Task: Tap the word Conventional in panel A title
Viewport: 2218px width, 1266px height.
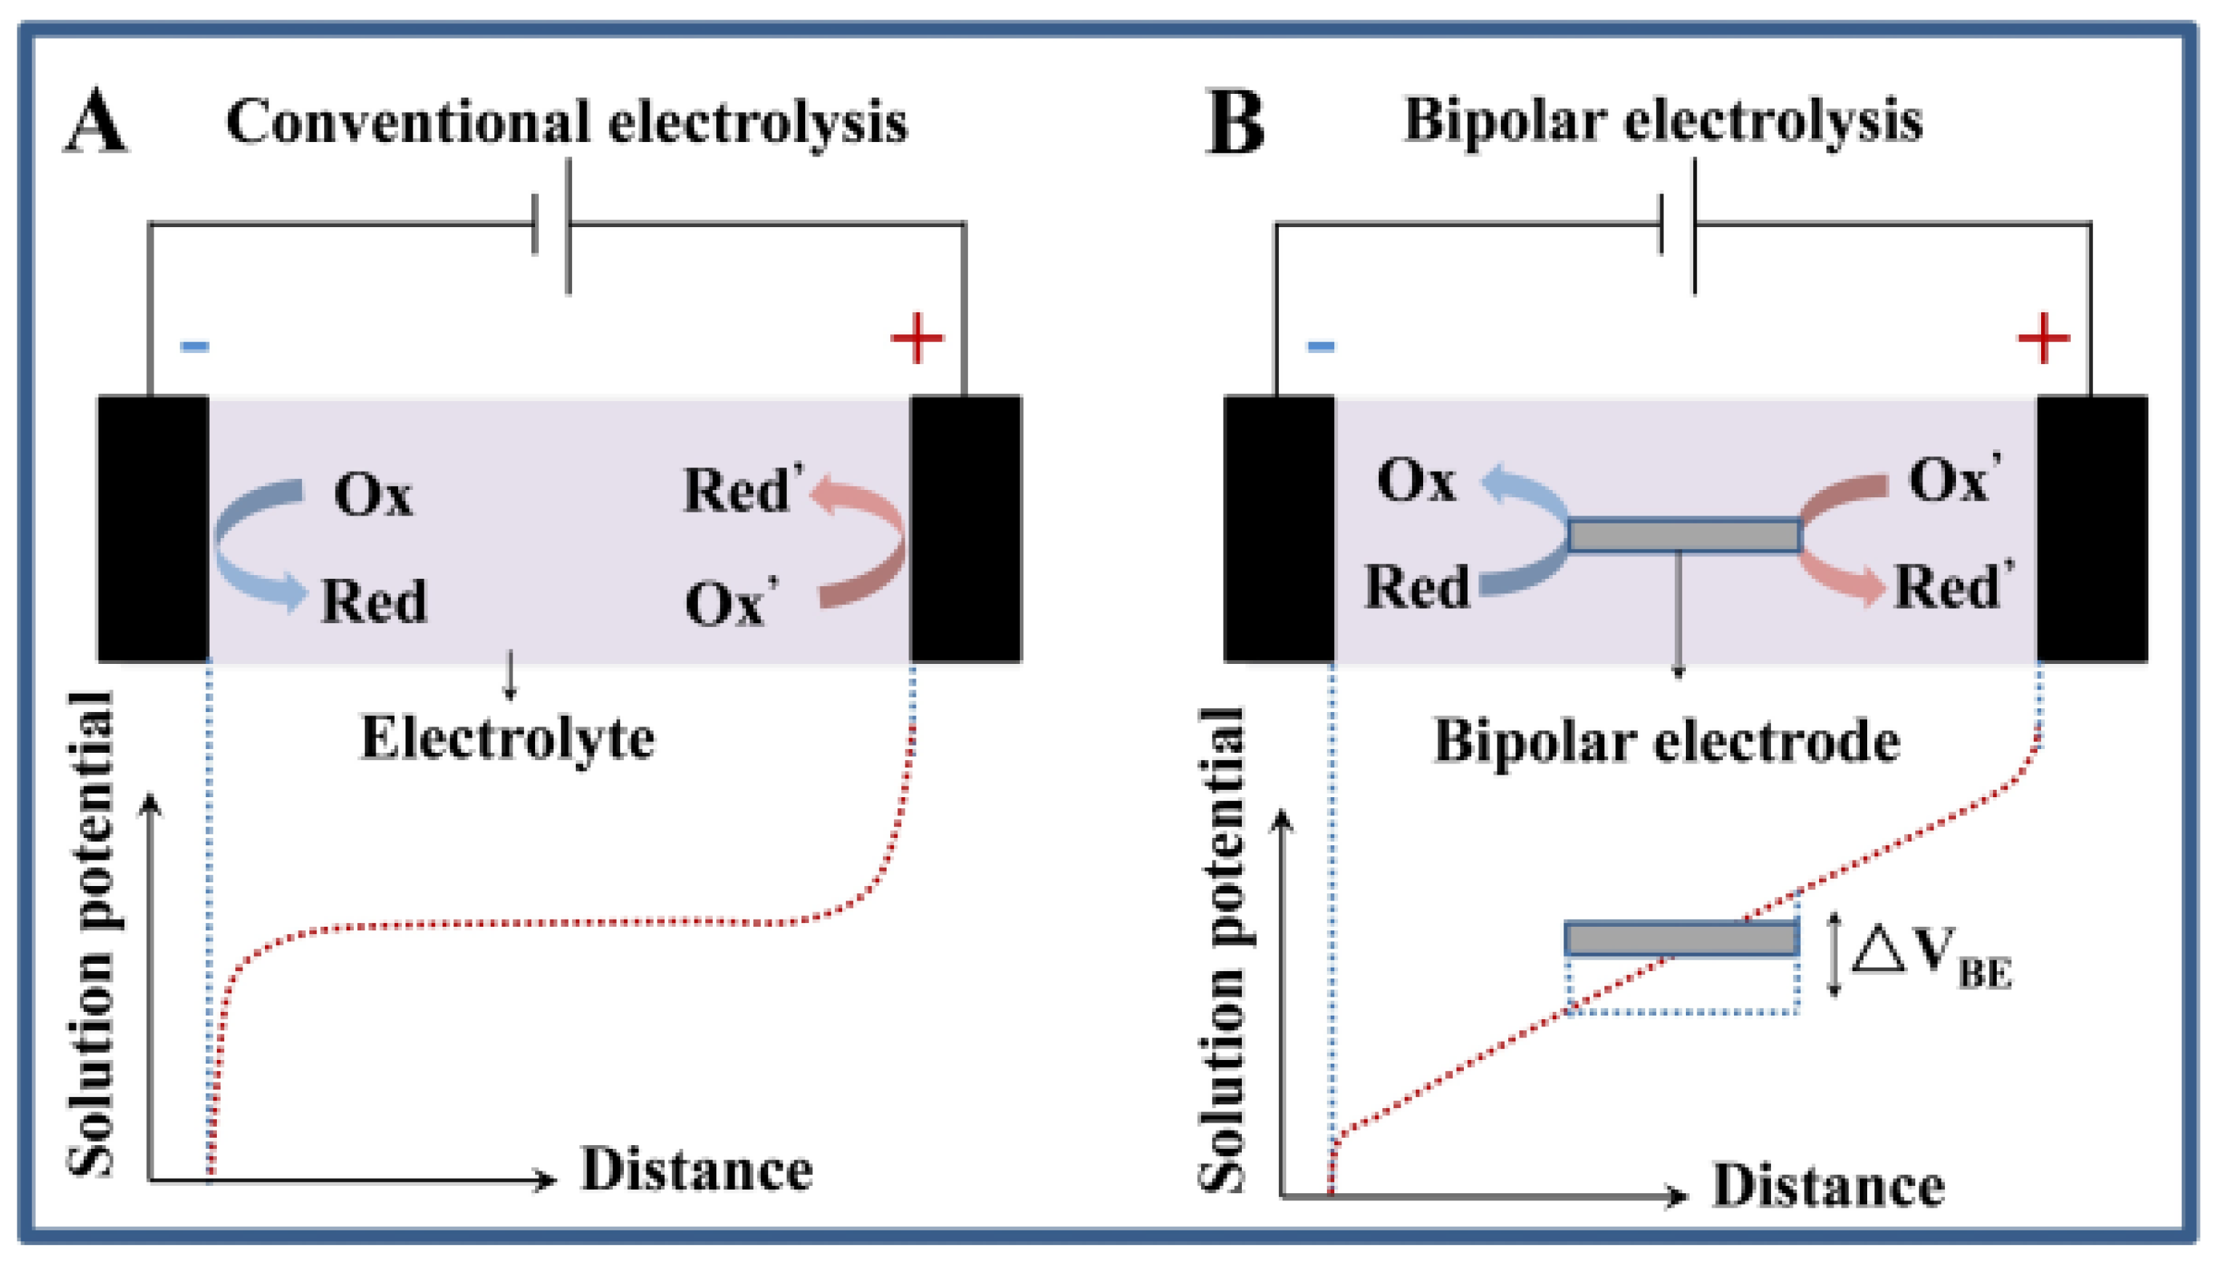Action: [x=408, y=122]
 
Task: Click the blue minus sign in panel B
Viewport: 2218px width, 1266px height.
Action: [x=1320, y=346]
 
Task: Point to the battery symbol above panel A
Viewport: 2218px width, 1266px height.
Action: [x=552, y=224]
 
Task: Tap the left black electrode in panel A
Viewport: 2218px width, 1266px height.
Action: [x=153, y=529]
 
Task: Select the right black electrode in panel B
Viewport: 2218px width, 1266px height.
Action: [x=2092, y=529]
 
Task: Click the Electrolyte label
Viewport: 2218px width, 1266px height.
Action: [x=507, y=739]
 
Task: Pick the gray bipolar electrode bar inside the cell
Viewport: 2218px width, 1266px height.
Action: [x=1684, y=536]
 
